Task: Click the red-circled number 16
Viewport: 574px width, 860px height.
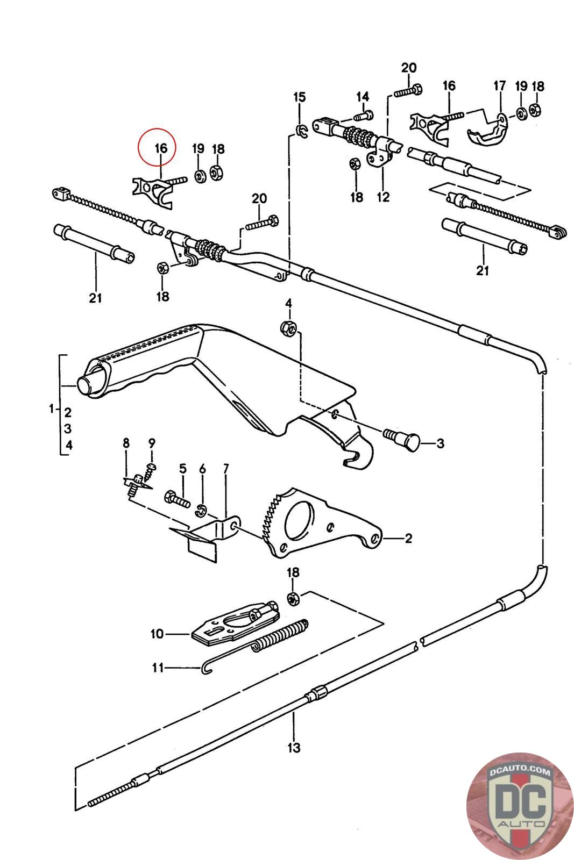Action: [x=161, y=148]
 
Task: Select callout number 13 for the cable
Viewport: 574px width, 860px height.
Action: [x=294, y=747]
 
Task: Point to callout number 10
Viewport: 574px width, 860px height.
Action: [x=157, y=634]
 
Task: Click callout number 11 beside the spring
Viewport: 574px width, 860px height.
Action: [x=158, y=668]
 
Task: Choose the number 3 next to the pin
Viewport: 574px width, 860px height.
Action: [x=440, y=443]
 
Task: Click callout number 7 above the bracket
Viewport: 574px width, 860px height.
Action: [x=225, y=469]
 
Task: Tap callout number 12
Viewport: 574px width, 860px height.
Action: [x=383, y=197]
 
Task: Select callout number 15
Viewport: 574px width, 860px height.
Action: [x=300, y=97]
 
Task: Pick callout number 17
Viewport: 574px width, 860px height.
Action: [x=500, y=86]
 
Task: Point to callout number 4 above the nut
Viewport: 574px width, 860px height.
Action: [x=288, y=304]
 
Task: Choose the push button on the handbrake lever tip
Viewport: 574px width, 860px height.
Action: [x=84, y=386]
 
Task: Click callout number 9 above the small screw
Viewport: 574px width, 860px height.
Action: [x=152, y=443]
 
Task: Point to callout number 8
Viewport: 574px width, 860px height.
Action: [x=126, y=443]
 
